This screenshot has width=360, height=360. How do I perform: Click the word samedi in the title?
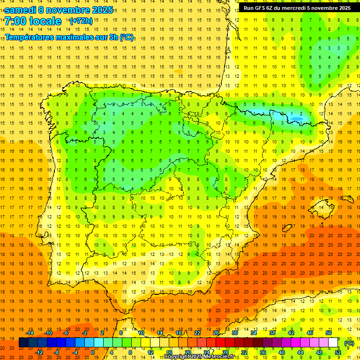pyautogui.click(x=21, y=10)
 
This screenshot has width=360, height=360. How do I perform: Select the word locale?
pyautogui.click(x=45, y=21)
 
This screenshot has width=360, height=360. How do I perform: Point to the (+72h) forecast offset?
pyautogui.click(x=81, y=21)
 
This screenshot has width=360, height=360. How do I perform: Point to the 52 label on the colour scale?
pyautogui.click(x=338, y=352)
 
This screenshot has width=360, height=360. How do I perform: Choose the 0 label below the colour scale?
pyautogui.click(x=93, y=352)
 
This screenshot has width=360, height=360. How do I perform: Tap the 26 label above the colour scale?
pyautogui.click(x=216, y=333)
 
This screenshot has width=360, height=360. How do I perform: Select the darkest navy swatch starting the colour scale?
pyautogui.click(x=23, y=343)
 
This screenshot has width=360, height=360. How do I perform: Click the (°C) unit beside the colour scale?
pyautogui.click(x=349, y=343)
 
